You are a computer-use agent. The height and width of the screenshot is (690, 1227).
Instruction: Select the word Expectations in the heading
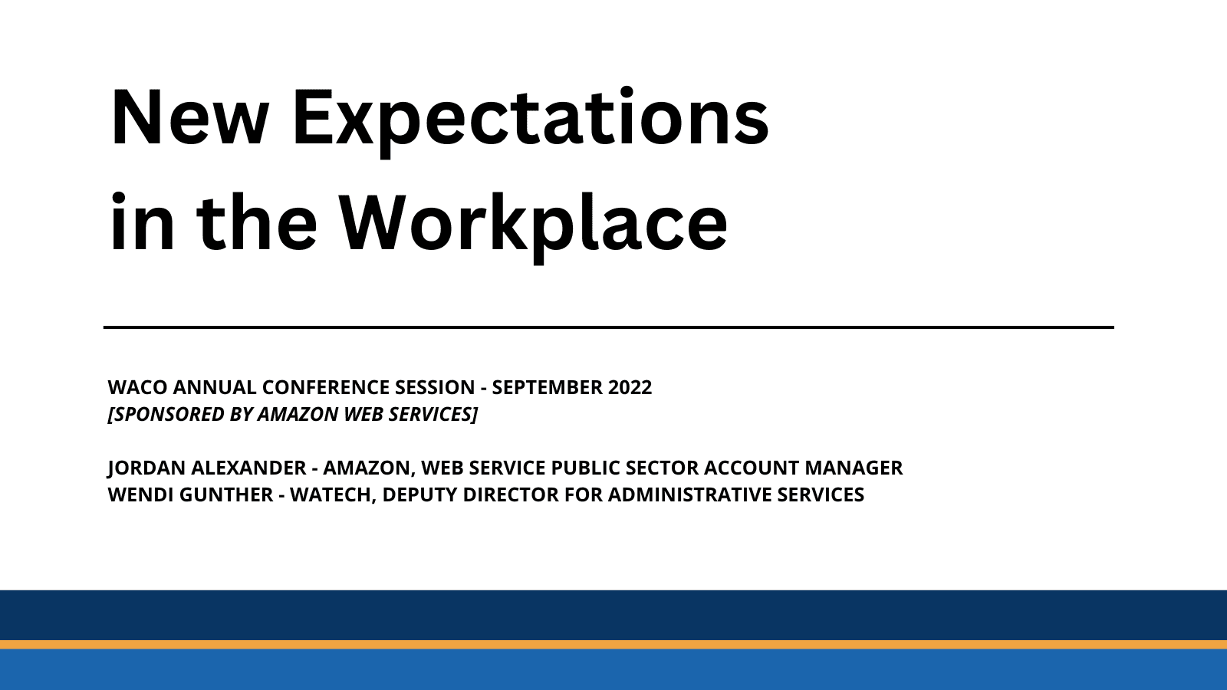pos(530,119)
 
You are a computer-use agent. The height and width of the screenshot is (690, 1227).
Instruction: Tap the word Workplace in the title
pos(534,223)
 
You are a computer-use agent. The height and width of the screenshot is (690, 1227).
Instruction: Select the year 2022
pos(630,387)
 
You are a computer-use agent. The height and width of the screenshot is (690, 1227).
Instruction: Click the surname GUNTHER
pos(226,495)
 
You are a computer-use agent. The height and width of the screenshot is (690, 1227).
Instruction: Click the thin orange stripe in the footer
pos(613,645)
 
